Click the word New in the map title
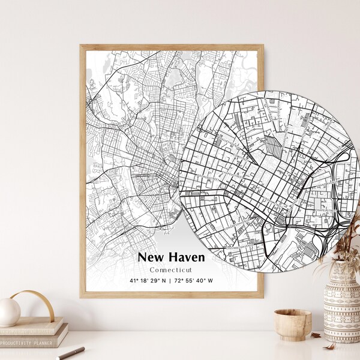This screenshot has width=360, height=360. (151, 257)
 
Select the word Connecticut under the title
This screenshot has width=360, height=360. (171, 269)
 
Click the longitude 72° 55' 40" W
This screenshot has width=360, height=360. (193, 281)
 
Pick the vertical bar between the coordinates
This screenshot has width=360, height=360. (170, 281)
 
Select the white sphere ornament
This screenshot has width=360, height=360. (9, 312)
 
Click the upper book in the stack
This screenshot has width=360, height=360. (30, 329)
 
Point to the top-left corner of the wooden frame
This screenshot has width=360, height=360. (82, 46)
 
